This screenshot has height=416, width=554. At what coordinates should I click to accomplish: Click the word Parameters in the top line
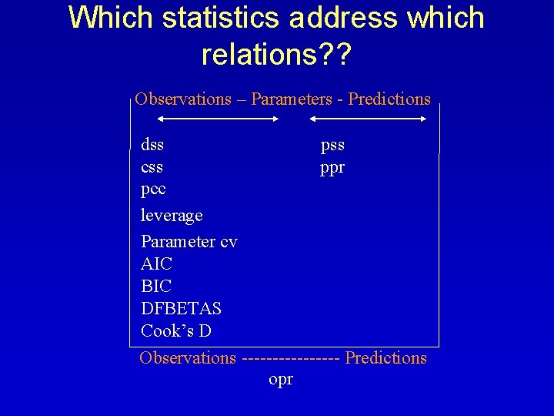click(x=297, y=99)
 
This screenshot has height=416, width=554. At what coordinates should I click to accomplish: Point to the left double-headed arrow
click(x=218, y=119)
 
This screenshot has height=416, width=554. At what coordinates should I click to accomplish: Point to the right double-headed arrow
click(x=368, y=119)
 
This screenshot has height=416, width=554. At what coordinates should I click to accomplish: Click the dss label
click(x=152, y=144)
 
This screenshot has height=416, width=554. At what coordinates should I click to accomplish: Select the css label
click(x=152, y=166)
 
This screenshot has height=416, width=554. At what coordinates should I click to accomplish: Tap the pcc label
click(x=153, y=189)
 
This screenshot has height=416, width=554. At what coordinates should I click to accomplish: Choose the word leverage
click(x=172, y=215)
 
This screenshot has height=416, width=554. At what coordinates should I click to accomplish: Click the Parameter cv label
click(x=189, y=241)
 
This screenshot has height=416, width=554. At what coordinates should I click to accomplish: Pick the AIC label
click(x=157, y=263)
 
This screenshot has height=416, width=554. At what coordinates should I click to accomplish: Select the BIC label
click(x=156, y=286)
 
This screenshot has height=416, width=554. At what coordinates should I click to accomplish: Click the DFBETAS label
click(x=181, y=308)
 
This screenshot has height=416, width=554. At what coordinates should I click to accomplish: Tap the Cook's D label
click(x=176, y=330)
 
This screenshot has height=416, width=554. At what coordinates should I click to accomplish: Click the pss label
click(x=332, y=144)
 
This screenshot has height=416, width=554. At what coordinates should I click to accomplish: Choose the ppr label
click(x=332, y=167)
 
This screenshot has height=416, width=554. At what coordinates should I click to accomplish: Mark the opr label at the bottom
click(x=281, y=380)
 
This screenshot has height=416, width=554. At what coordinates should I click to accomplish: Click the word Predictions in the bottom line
click(x=385, y=357)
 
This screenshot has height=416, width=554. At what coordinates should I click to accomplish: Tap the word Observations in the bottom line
click(x=188, y=357)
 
